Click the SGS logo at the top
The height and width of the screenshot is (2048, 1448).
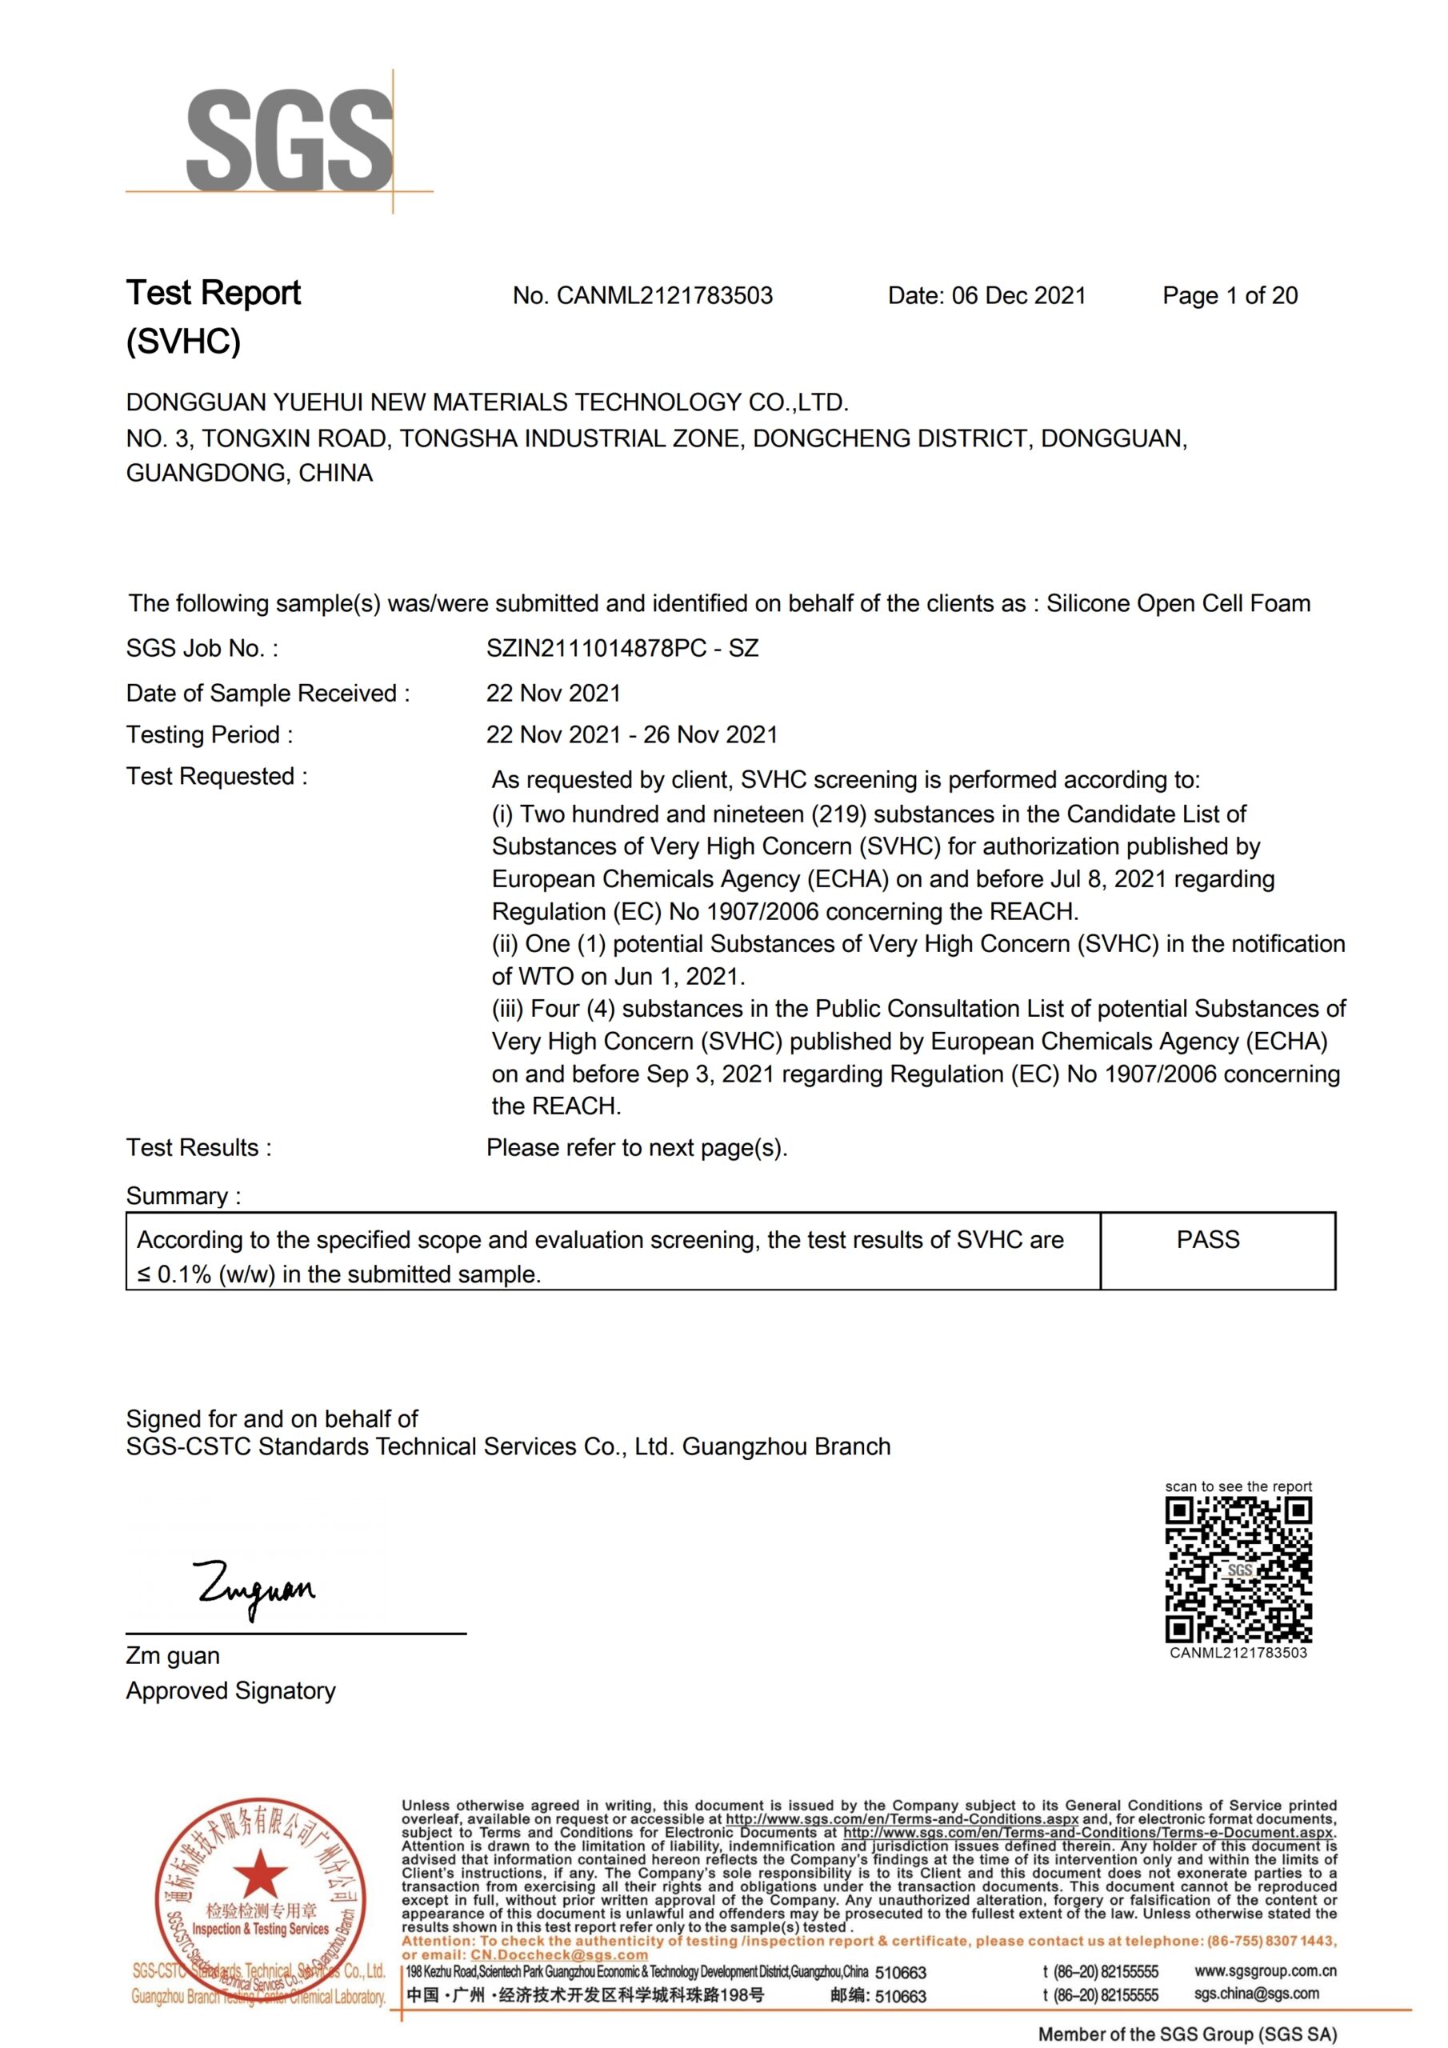[289, 140]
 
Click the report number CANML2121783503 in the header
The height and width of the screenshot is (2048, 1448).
[664, 296]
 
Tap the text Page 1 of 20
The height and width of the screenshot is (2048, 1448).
[1230, 296]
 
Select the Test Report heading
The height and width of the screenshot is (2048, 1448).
[214, 294]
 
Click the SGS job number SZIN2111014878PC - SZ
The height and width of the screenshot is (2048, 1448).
[622, 649]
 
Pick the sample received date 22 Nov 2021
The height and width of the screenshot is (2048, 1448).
[553, 693]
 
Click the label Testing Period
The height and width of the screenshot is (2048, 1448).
[209, 735]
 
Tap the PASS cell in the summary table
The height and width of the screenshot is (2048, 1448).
[1207, 1240]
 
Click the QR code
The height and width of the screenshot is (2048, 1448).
[1238, 1570]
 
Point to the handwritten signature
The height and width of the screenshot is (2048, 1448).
[255, 1589]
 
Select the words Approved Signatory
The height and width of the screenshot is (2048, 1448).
[230, 1691]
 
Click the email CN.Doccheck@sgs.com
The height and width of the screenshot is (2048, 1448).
[558, 1954]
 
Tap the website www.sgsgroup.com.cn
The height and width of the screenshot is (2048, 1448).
[1264, 1970]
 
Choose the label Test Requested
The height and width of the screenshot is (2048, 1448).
[216, 777]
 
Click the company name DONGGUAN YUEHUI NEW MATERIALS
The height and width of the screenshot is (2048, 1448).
[486, 402]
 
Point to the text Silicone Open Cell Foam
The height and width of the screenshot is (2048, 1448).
[1178, 604]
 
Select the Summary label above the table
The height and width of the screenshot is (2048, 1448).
[183, 1196]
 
